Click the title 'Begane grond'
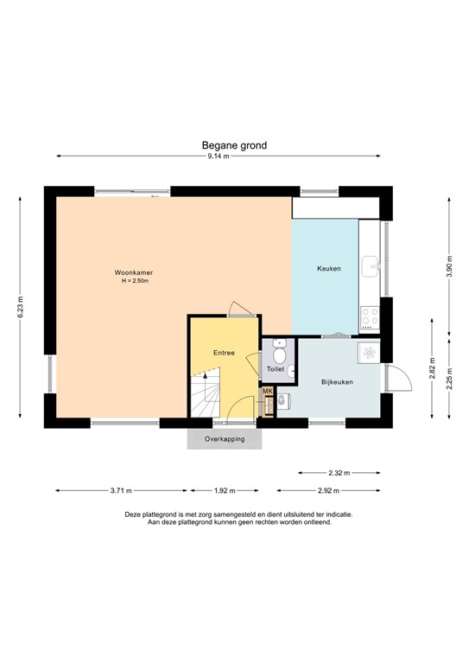click(234, 146)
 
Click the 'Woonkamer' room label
click(134, 274)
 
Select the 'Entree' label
click(224, 353)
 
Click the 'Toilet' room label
click(276, 369)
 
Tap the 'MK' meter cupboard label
click(268, 392)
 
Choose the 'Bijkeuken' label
click(337, 381)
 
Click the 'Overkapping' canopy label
click(225, 439)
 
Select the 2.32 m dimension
click(339, 473)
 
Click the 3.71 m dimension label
click(121, 491)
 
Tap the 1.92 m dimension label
click(225, 491)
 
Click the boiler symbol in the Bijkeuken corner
click(369, 352)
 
